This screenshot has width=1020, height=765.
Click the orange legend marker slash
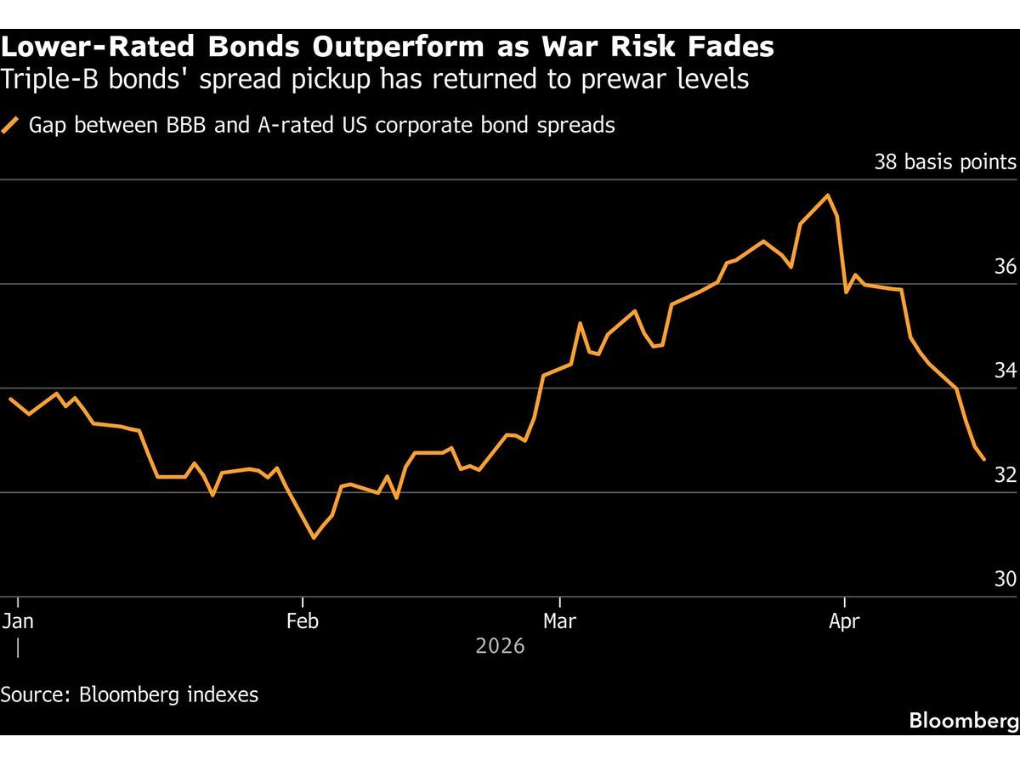[11, 126]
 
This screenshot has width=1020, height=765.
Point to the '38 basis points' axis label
[944, 162]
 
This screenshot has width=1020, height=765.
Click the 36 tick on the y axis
[1005, 267]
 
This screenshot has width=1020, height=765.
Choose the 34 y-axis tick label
[1005, 371]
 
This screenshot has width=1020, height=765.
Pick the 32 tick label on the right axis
[1005, 475]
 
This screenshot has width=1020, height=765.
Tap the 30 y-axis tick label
[1005, 580]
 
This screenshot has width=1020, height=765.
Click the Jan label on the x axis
[17, 621]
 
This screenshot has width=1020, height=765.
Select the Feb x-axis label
[303, 621]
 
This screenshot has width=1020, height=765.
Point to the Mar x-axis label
[559, 621]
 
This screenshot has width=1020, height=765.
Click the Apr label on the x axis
[844, 621]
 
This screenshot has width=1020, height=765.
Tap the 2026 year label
[500, 647]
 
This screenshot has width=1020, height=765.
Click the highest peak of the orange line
[828, 195]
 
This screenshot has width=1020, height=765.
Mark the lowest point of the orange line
[314, 537]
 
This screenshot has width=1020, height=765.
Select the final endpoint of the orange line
[983, 459]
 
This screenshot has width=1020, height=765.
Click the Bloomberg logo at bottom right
[963, 721]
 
